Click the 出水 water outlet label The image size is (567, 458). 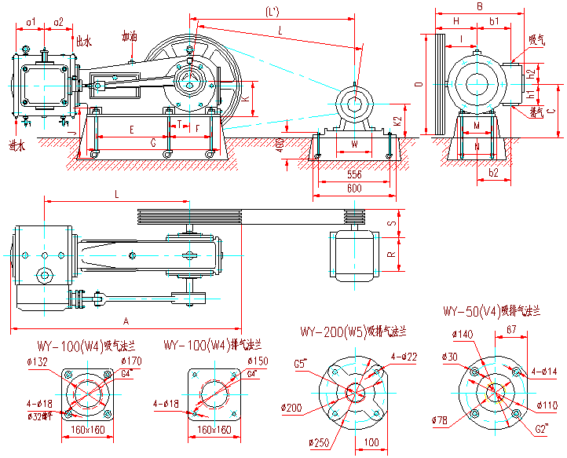tap(84, 40)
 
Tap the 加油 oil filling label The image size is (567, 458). tap(130, 37)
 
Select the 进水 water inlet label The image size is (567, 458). tap(16, 145)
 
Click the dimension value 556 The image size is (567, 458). tap(354, 174)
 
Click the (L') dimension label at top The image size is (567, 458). tap(273, 13)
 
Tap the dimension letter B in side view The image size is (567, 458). tap(479, 6)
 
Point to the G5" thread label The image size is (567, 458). tap(302, 364)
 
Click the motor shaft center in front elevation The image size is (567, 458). tap(355, 103)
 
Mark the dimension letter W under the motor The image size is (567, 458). tap(354, 144)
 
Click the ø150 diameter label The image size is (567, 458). tap(258, 361)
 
